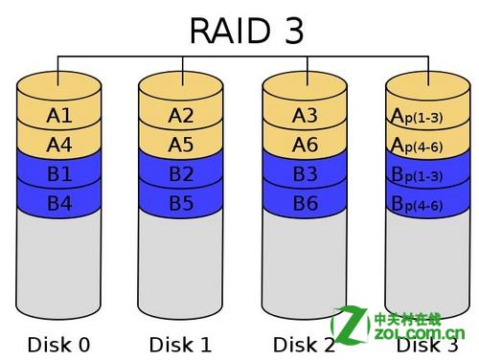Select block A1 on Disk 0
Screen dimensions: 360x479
point(58,116)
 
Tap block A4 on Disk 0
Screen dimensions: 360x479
point(58,146)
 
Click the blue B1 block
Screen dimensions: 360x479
point(58,174)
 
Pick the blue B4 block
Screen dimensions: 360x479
point(58,203)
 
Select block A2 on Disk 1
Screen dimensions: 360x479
point(181,116)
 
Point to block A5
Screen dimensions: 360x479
point(181,146)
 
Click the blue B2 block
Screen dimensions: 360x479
point(181,174)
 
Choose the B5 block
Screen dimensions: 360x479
point(181,203)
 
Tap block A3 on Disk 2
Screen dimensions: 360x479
point(305,116)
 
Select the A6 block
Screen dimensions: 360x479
point(305,146)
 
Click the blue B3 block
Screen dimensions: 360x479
point(305,174)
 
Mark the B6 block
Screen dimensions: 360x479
point(305,203)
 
